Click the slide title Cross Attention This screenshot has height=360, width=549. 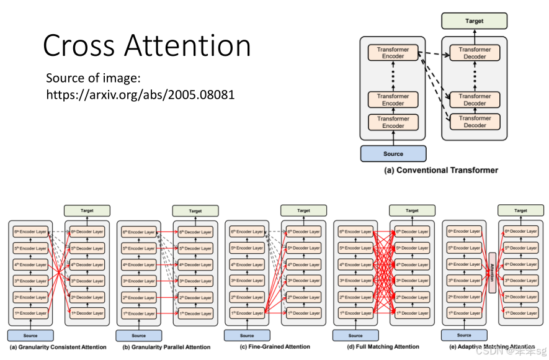pyautogui.click(x=147, y=46)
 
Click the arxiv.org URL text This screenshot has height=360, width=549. pyautogui.click(x=140, y=95)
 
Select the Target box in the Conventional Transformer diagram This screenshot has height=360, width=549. pyautogui.click(x=474, y=21)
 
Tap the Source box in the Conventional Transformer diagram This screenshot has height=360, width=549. pyautogui.click(x=393, y=153)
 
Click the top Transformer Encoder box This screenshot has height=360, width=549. pyautogui.click(x=393, y=53)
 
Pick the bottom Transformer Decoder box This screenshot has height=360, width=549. pyautogui.click(x=475, y=122)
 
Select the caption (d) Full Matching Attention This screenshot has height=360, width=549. pyautogui.click(x=383, y=346)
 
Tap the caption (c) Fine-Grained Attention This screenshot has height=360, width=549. pyautogui.click(x=274, y=346)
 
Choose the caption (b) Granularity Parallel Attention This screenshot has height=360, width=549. pyautogui.click(x=166, y=346)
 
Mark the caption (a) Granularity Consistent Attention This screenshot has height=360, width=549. pyautogui.click(x=58, y=346)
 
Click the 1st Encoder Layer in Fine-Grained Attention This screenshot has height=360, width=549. pyautogui.click(x=247, y=313)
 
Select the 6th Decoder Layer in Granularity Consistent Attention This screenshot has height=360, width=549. pyautogui.click(x=87, y=232)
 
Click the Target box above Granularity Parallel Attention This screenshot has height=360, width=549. pyautogui.click(x=195, y=211)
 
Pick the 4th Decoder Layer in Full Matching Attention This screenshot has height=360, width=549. pyautogui.click(x=413, y=264)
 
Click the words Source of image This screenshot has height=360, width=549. pyautogui.click(x=94, y=79)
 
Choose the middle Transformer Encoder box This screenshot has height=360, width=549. pyautogui.click(x=393, y=99)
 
